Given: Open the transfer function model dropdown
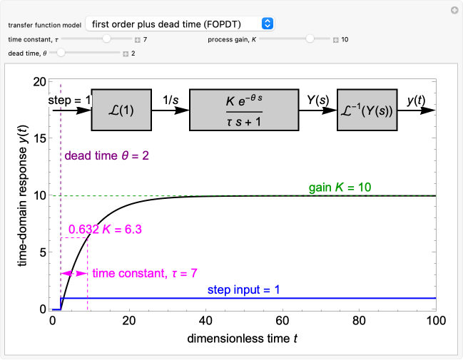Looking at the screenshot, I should [x=179, y=24].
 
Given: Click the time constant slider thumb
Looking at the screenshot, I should [x=106, y=39].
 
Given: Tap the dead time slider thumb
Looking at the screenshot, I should [x=61, y=53].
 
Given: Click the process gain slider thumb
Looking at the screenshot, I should [x=310, y=39].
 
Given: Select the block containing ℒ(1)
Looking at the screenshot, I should [x=122, y=110].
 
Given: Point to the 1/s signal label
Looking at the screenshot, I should [x=171, y=101].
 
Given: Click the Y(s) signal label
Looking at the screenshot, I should [x=317, y=101].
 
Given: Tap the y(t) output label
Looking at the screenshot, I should [x=417, y=101].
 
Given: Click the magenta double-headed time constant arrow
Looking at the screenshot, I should [x=73, y=273].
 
